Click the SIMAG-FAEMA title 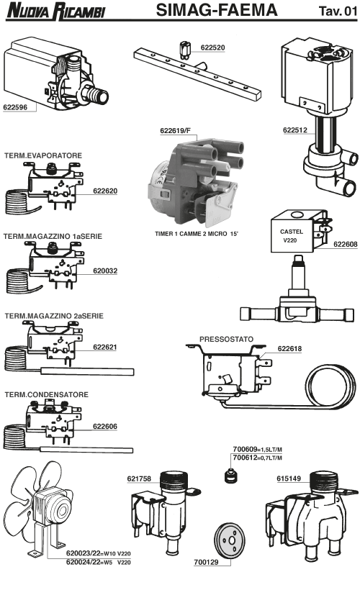pos(217,10)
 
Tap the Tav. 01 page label pos(338,11)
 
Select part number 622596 pos(15,107)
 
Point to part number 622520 pos(213,47)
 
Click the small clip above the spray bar pos(185,50)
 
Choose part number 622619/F pos(176,130)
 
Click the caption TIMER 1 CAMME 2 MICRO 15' pos(197,234)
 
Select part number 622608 pos(346,244)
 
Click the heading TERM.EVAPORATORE pos(43,155)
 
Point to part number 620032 pos(105,271)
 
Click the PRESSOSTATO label pos(226,339)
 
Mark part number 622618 pos(289,349)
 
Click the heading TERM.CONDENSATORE pos(46,394)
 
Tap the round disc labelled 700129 pos(230,540)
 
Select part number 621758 pos(139,478)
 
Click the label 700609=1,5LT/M pos(258,449)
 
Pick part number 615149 pos(289,478)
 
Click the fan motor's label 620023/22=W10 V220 pos(99,553)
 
